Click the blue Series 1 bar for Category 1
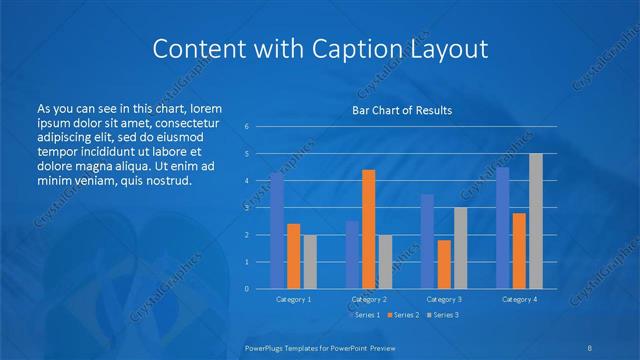coord(277,231)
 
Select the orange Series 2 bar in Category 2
coord(369,229)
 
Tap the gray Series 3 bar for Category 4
coord(536,221)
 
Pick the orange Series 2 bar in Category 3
coord(444,264)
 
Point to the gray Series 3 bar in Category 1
coord(310,262)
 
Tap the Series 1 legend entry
coord(365,315)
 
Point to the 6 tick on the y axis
coord(247,127)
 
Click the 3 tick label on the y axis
coord(247,208)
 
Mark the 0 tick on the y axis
coord(247,289)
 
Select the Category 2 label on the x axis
coord(369,299)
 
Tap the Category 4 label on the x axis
coord(519,299)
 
